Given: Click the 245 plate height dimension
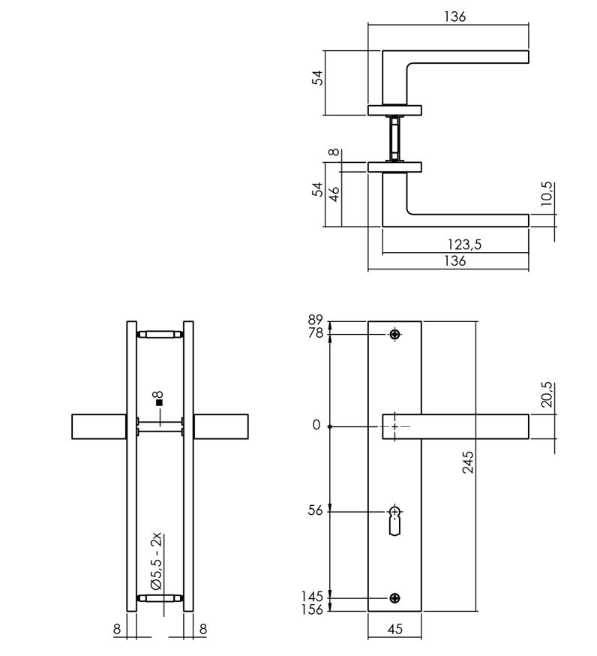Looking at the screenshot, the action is click(468, 462).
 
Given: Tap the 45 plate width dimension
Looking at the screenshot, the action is click(394, 629).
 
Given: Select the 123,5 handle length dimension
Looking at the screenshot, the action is click(464, 245).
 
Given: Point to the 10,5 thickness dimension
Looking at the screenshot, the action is click(547, 194).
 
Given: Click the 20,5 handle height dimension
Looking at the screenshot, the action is click(547, 395).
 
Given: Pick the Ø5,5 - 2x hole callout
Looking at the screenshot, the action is click(157, 561).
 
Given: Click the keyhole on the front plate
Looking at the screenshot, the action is click(394, 520).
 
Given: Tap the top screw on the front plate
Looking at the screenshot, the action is click(394, 334).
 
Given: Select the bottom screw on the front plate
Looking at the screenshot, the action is click(394, 598).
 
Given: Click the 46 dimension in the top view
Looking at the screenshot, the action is click(334, 194).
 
